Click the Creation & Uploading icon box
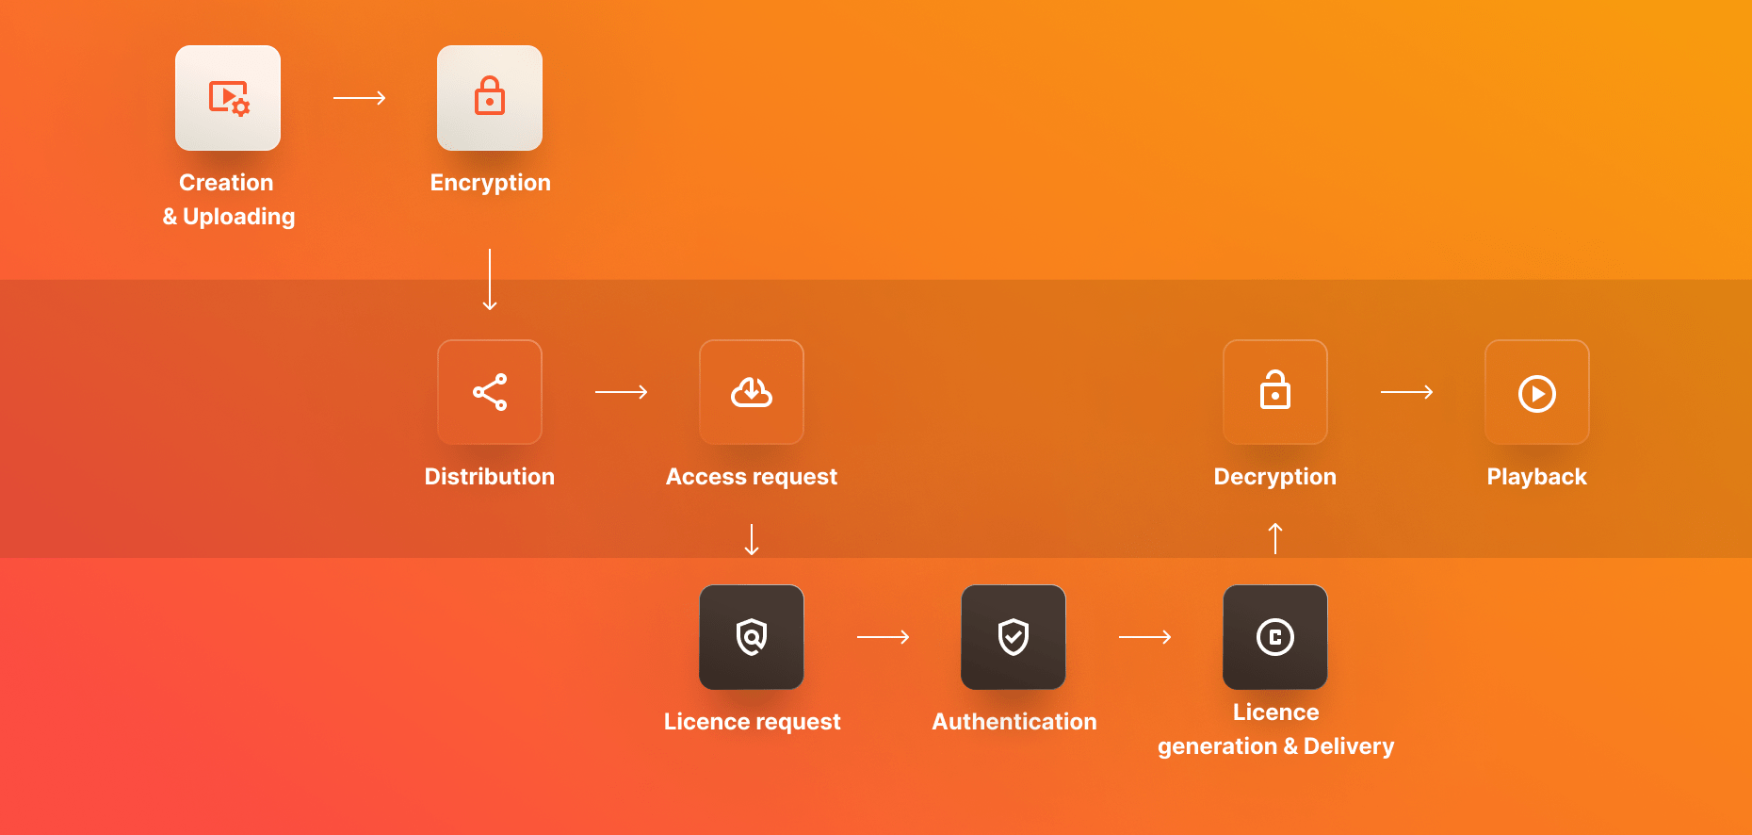point(228,98)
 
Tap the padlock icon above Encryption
point(490,97)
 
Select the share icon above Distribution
point(490,392)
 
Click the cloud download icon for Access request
point(752,392)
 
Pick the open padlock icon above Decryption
point(1275,391)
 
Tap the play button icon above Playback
point(1537,393)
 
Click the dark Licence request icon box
point(752,637)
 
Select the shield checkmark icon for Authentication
point(1014,637)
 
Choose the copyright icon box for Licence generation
point(1275,637)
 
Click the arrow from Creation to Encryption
point(359,98)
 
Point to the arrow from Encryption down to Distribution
point(490,279)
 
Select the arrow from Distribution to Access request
point(621,392)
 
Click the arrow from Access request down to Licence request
point(752,539)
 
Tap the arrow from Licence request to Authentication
point(883,637)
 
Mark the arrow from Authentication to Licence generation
point(1144,637)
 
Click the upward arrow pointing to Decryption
point(1275,538)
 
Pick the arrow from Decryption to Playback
point(1406,392)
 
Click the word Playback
point(1536,477)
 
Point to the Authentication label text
point(1014,722)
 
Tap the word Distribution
point(490,477)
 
